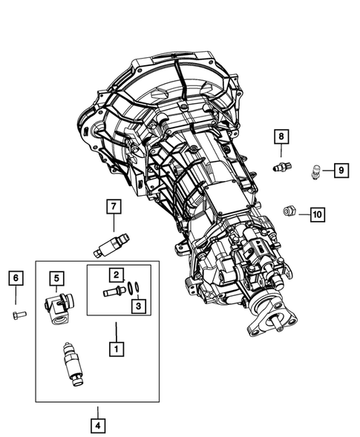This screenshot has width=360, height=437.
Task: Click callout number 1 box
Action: click(x=115, y=346)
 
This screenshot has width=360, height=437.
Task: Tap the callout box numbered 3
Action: click(x=137, y=304)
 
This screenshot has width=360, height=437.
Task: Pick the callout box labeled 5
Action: click(x=57, y=278)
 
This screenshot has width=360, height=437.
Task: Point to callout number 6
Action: click(x=16, y=278)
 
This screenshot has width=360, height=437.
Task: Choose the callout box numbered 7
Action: click(x=114, y=206)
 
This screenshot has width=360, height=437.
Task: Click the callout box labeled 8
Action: click(x=281, y=137)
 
